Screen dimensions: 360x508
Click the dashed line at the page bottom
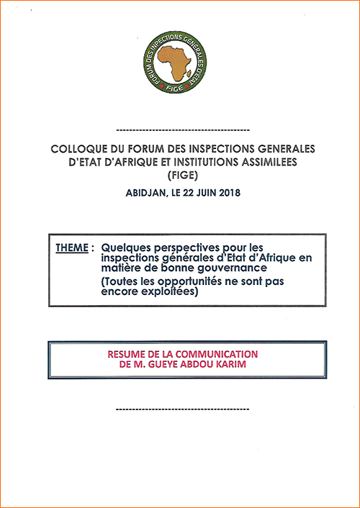(181, 409)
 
